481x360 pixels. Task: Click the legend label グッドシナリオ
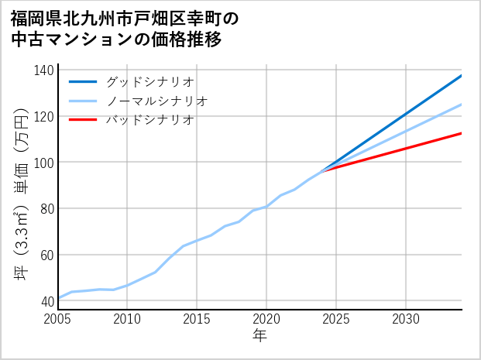(149, 81)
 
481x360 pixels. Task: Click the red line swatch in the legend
(84, 120)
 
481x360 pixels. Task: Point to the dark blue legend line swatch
(84, 81)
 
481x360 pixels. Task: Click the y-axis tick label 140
(44, 70)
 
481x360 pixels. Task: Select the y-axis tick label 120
(44, 116)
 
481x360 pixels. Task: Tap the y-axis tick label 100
(44, 163)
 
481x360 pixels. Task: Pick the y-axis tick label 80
(47, 208)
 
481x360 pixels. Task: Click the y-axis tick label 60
(47, 255)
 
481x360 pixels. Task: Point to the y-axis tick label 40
(47, 301)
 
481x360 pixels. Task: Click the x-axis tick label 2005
(58, 319)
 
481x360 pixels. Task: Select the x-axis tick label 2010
(127, 319)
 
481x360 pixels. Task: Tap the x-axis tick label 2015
(197, 319)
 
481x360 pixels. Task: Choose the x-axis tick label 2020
(266, 319)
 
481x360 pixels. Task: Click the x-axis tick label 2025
(336, 319)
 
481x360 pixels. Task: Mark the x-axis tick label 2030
(406, 319)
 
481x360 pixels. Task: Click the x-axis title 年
(260, 336)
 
